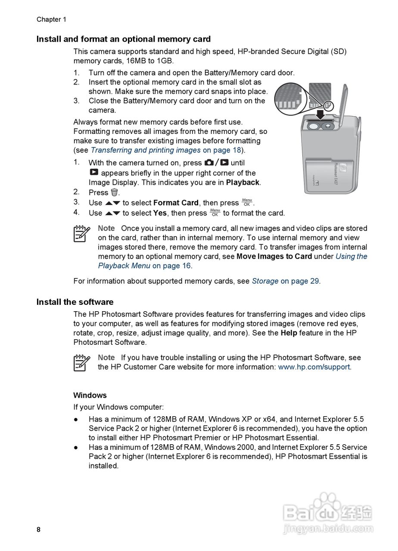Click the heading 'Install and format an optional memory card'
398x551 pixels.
tap(123, 39)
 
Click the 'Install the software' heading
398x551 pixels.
tap(75, 302)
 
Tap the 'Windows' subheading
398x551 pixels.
tap(90, 395)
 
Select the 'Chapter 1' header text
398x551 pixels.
tap(51, 19)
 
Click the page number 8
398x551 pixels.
tap(38, 530)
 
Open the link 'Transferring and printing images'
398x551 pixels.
tap(146, 150)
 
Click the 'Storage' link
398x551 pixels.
tap(265, 281)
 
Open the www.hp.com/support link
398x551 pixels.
tap(314, 367)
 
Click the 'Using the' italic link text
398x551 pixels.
tap(351, 257)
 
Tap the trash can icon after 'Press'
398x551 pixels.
tap(114, 192)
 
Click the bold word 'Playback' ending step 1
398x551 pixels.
tap(243, 183)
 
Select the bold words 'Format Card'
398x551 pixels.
tap(176, 203)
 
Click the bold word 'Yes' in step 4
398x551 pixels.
tap(160, 213)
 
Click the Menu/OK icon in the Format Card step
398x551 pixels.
tap(247, 202)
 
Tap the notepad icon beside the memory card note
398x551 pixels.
tap(81, 233)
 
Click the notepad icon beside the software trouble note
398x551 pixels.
tap(81, 362)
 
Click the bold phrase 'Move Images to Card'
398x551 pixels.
tap(274, 257)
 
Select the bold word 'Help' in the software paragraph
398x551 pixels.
tap(289, 333)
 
